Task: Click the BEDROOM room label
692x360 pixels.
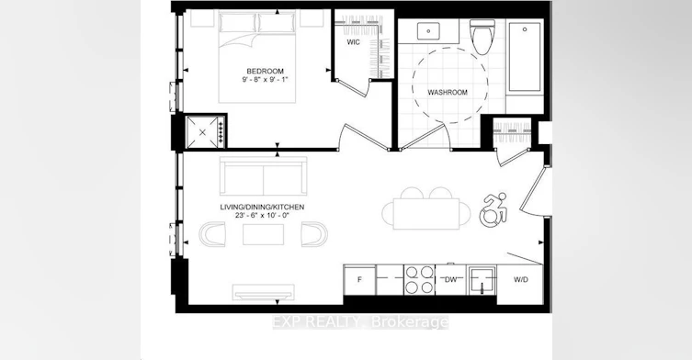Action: pos(265,71)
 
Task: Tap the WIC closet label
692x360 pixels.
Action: pos(353,42)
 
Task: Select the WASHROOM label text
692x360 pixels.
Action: pos(448,93)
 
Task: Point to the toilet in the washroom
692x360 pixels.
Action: pos(480,36)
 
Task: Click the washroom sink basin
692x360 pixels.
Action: pos(428,31)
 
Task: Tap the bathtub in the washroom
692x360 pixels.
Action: pos(525,56)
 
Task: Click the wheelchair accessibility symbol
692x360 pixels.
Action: pos(493,210)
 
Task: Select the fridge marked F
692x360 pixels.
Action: pos(359,280)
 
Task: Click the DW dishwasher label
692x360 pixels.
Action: pos(450,280)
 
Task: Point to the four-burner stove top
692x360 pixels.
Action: pos(419,280)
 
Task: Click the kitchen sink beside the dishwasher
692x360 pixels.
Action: pos(482,280)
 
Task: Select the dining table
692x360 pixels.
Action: pos(426,214)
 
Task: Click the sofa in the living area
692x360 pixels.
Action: pos(264,175)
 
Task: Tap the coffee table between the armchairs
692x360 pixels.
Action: pos(263,234)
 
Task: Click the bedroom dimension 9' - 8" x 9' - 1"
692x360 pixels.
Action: pos(265,80)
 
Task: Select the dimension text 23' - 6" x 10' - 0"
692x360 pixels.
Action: pos(262,216)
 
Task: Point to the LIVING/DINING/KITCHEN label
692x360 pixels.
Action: pos(262,207)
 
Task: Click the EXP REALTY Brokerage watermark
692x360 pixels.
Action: pos(360,322)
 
